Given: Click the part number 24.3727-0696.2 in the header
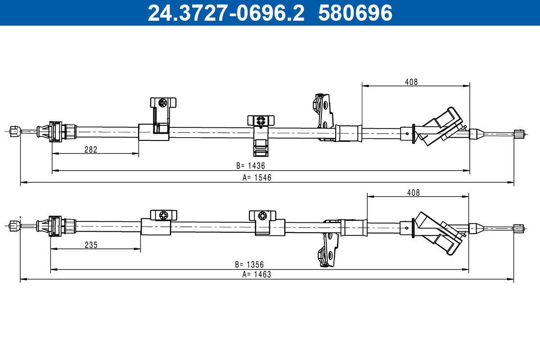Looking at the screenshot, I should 226,13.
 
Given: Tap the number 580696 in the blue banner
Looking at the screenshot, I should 355,13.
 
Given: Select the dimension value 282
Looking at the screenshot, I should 91,150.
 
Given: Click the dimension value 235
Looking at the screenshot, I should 91,245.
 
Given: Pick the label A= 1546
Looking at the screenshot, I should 257,178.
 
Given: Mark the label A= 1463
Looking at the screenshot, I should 256,274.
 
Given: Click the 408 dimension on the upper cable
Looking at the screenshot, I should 411,82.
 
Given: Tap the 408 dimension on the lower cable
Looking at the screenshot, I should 413,193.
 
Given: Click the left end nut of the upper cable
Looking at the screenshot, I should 14,131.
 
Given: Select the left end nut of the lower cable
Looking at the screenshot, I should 14,225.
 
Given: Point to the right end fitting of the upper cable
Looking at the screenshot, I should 519,134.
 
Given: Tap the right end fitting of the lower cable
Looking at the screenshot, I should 518,228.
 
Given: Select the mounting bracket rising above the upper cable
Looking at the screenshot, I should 324,115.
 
